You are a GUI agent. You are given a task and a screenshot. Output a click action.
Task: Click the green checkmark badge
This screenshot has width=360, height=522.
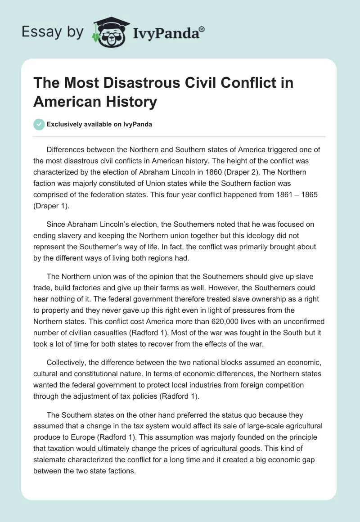[x=39, y=124]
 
